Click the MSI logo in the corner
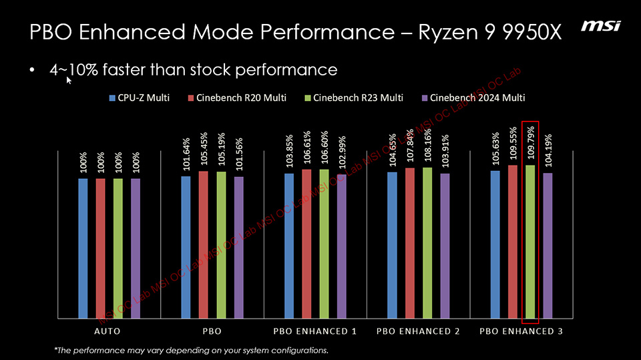pos(601,26)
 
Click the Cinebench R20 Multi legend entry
pos(237,98)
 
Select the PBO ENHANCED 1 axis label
pos(315,331)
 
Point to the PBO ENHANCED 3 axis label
pos(521,331)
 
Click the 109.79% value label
pos(530,142)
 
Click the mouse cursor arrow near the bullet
pos(69,81)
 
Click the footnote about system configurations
pos(191,350)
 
